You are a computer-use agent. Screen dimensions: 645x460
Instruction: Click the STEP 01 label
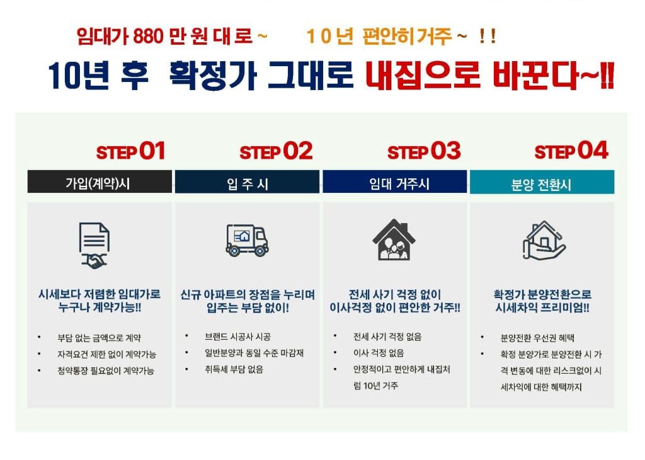click(130, 151)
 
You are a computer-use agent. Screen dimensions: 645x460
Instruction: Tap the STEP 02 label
click(276, 151)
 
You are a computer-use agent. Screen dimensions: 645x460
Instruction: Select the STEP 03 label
click(424, 151)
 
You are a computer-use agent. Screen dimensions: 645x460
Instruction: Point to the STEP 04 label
click(571, 151)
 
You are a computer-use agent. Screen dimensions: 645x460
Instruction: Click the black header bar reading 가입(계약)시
click(100, 181)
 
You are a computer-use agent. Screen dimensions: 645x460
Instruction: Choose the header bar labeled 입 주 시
click(247, 181)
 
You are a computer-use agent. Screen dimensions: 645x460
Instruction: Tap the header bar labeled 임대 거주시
click(394, 181)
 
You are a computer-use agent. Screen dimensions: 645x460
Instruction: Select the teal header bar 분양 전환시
click(542, 182)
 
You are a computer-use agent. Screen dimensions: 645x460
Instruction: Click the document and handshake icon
click(94, 246)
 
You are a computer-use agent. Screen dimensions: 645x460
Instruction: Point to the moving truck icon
click(247, 240)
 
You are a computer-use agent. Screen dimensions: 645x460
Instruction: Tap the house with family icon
click(394, 239)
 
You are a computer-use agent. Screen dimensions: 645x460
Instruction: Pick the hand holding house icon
click(544, 240)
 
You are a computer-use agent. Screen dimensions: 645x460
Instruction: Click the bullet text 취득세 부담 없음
click(234, 369)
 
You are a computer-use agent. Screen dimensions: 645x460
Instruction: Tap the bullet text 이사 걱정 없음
click(379, 353)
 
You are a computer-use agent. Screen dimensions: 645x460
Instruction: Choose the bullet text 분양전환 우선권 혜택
click(537, 338)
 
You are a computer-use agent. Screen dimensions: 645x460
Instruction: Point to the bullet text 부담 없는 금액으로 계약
click(99, 338)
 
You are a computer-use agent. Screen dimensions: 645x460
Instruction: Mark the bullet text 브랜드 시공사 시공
click(237, 337)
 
